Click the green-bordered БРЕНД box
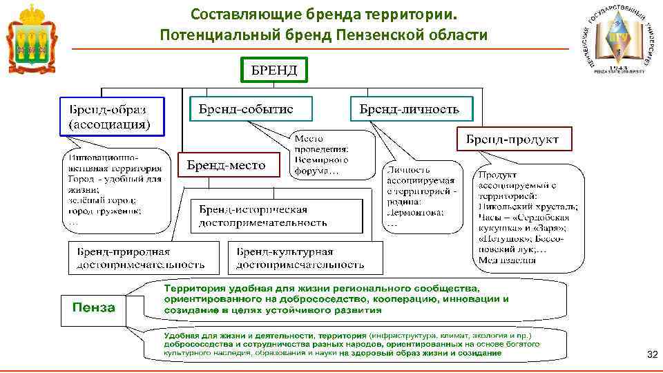tap(274, 70)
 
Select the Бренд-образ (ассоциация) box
tap(113, 116)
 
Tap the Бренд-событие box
tap(250, 109)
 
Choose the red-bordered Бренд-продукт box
tap(512, 139)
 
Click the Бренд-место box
tap(225, 165)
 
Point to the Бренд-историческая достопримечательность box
tap(276, 216)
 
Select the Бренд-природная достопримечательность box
tap(142, 257)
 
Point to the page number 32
tap(651, 354)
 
